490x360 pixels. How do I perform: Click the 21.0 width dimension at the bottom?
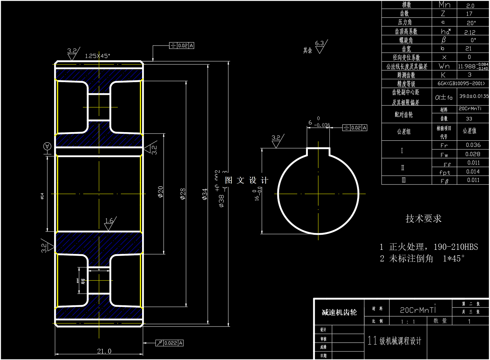104,351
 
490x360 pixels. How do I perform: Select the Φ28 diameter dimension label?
183,194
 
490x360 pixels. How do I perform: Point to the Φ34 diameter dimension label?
204,194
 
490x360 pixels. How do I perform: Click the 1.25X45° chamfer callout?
98,56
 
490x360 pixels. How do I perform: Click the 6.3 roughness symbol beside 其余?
320,47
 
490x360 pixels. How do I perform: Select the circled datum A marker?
47,146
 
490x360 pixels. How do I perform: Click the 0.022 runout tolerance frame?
169,343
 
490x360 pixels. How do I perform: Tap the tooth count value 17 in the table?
469,14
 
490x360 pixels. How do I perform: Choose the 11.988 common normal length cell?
473,66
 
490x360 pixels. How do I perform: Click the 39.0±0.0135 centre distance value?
474,96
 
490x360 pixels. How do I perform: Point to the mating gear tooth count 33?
469,119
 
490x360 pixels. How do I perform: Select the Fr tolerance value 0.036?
473,145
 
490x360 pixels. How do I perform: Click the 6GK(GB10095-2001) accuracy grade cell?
461,83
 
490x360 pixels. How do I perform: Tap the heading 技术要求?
423,218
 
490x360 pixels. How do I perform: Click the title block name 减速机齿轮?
339,312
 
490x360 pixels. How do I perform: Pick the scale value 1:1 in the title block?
408,322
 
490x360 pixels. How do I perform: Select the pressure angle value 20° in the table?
471,23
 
